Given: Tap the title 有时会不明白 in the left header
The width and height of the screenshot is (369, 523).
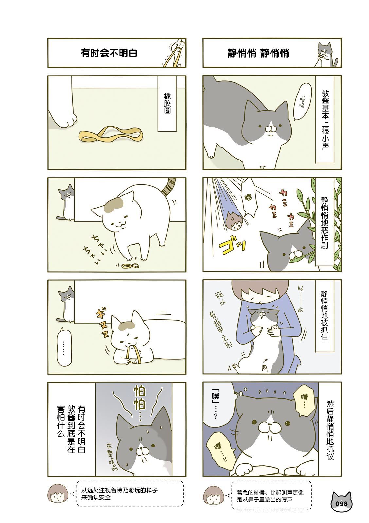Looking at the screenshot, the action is click(x=109, y=53).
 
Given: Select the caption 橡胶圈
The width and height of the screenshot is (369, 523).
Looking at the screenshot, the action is click(x=167, y=103).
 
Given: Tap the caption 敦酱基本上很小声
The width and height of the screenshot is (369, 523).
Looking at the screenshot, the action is click(x=325, y=120).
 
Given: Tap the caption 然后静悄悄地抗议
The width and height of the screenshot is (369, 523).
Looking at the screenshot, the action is click(x=330, y=430).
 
